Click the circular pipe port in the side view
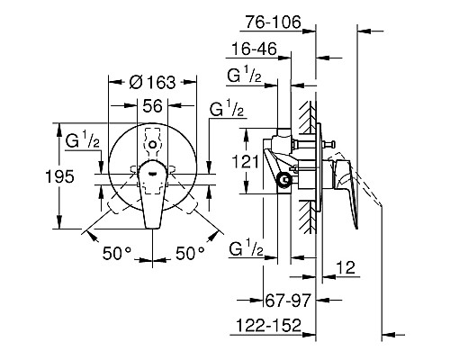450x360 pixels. (286, 181)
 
